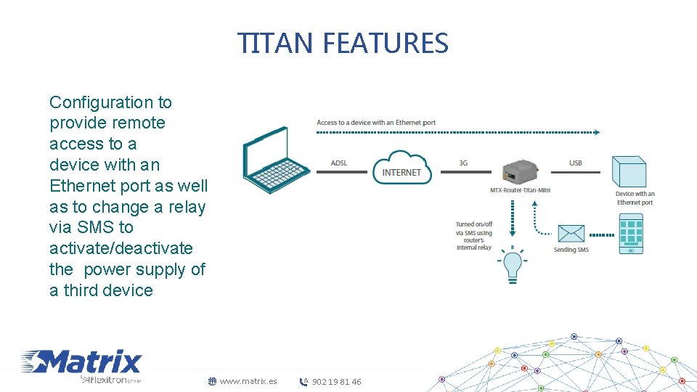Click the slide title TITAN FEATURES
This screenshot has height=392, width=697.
[343, 44]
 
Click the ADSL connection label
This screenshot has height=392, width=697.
[339, 163]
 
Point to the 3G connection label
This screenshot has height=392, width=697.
[463, 163]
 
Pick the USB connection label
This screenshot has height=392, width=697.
[576, 163]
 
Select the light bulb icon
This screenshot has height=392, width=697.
[513, 266]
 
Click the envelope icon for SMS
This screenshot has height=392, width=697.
[571, 233]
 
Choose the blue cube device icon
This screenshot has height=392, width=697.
[629, 172]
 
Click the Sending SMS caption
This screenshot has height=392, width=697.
[571, 250]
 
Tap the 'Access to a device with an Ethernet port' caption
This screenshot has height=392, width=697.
[376, 123]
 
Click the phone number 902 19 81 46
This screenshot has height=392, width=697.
[336, 382]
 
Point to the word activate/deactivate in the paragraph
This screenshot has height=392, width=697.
[121, 248]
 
